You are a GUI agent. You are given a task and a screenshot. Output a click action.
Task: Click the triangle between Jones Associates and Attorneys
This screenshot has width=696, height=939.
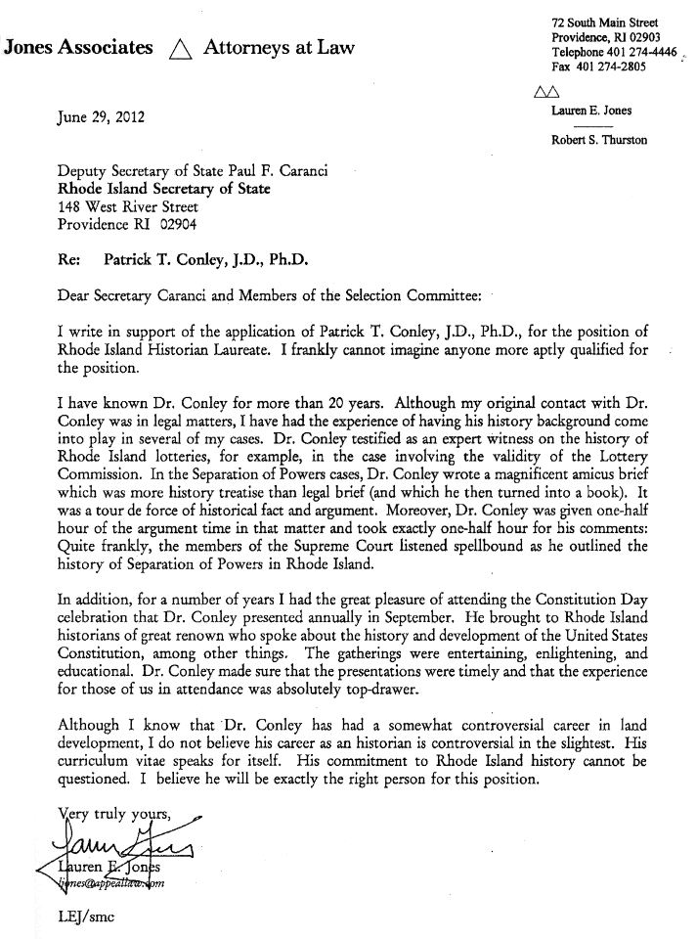click(178, 47)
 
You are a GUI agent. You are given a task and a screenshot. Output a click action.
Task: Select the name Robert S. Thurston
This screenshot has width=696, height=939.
click(599, 140)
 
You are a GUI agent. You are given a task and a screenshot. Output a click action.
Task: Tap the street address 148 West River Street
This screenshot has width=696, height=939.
click(129, 206)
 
